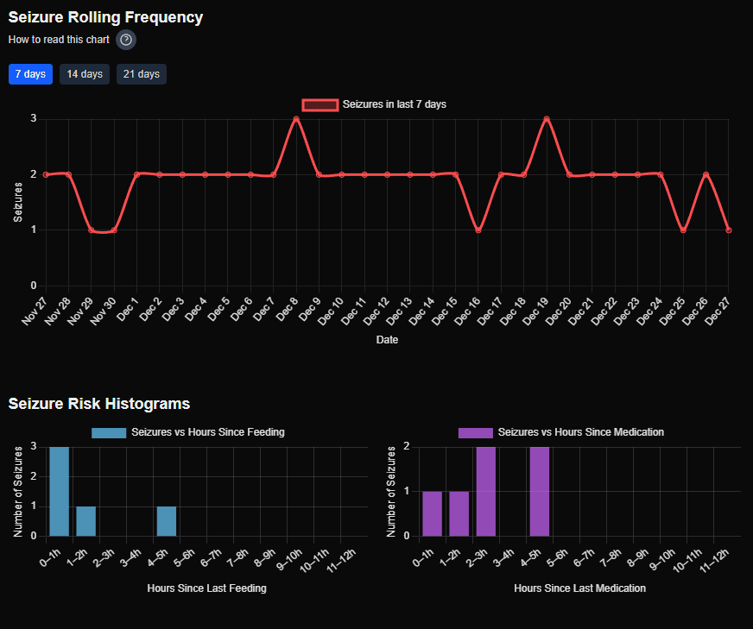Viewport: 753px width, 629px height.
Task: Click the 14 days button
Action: (85, 74)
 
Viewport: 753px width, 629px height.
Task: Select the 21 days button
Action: (142, 74)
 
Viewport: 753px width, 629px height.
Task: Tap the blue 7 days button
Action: (30, 74)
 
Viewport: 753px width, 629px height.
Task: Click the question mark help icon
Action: (126, 40)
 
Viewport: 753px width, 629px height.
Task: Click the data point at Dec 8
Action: (296, 119)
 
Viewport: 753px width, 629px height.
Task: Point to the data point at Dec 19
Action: (547, 119)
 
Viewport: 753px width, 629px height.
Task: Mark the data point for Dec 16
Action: (478, 230)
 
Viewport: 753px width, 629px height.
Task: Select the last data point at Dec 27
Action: (729, 230)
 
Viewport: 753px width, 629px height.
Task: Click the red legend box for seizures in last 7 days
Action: (320, 104)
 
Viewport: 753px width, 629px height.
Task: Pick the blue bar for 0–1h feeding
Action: (59, 491)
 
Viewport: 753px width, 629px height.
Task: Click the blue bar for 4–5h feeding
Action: (166, 520)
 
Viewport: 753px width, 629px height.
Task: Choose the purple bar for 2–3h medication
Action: (486, 491)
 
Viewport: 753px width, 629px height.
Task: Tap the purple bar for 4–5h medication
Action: (540, 491)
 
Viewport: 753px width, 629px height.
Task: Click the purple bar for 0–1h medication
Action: (433, 513)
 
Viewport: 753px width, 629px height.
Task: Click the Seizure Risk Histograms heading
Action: (99, 404)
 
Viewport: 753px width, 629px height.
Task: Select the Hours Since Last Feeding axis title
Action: (206, 588)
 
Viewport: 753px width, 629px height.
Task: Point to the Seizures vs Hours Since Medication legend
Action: (561, 432)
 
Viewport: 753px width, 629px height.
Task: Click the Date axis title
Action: (387, 340)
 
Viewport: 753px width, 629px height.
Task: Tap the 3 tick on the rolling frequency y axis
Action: (33, 119)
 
